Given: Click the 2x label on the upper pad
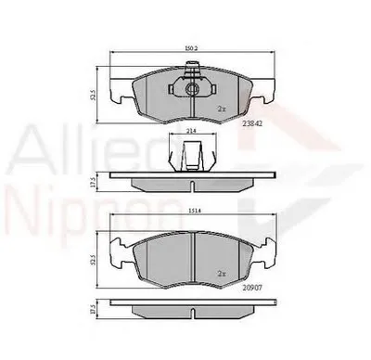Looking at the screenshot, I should click(x=222, y=109).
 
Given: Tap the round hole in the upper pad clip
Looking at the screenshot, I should click(x=191, y=90).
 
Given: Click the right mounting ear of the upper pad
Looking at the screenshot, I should click(x=263, y=91).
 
